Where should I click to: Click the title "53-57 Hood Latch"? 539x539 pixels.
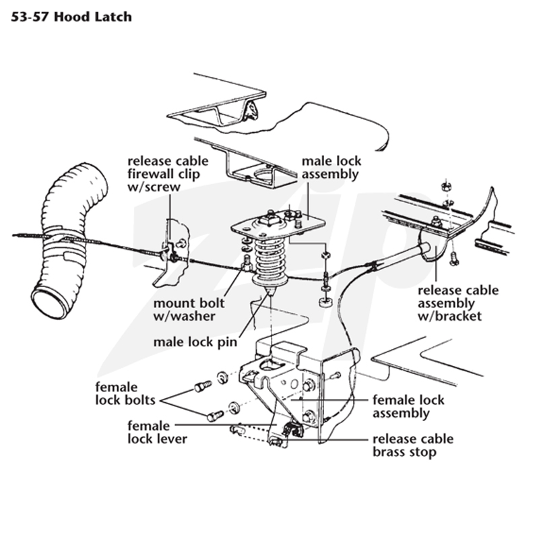(x=71, y=16)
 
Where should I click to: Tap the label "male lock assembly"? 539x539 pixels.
(x=331, y=168)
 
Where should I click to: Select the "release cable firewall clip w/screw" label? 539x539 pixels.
(x=168, y=174)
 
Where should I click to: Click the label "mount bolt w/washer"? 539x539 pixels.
(x=189, y=309)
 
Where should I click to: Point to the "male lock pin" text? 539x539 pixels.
(x=195, y=342)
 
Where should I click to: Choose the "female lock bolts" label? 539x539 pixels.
(x=125, y=393)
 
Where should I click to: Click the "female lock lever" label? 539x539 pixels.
(x=157, y=433)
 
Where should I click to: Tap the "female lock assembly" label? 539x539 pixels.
(x=408, y=407)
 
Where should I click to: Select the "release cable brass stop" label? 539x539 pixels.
(x=413, y=445)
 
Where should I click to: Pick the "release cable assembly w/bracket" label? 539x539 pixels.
(x=458, y=303)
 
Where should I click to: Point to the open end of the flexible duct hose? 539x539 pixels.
(x=49, y=302)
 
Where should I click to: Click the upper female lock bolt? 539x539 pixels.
(x=203, y=386)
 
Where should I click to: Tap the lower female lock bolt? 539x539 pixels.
(x=215, y=416)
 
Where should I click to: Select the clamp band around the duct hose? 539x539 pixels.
(x=65, y=243)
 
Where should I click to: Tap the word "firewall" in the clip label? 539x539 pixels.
(x=152, y=174)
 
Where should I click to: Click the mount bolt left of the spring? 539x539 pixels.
(x=247, y=263)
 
